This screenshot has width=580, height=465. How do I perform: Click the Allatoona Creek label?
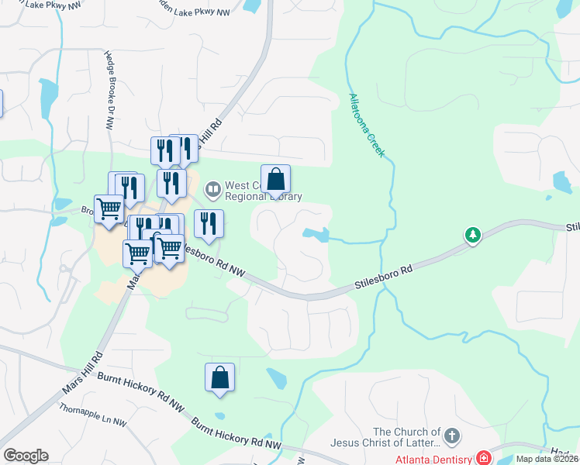point(366,125)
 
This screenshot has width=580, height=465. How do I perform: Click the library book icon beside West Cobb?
point(212,189)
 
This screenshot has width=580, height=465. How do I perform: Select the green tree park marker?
point(472,234)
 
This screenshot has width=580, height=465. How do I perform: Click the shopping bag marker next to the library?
point(275,180)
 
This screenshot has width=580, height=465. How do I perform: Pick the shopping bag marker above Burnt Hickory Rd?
point(220,377)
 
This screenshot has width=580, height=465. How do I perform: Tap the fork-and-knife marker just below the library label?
point(208,224)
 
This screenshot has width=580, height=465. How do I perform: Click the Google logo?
point(26,455)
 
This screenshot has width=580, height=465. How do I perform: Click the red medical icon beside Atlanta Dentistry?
point(484,458)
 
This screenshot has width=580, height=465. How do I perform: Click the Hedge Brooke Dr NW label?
point(109,85)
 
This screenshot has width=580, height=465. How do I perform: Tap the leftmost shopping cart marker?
point(109,208)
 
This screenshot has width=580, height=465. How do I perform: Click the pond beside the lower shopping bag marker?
point(274,379)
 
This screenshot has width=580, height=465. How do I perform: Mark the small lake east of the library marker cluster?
point(315,233)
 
